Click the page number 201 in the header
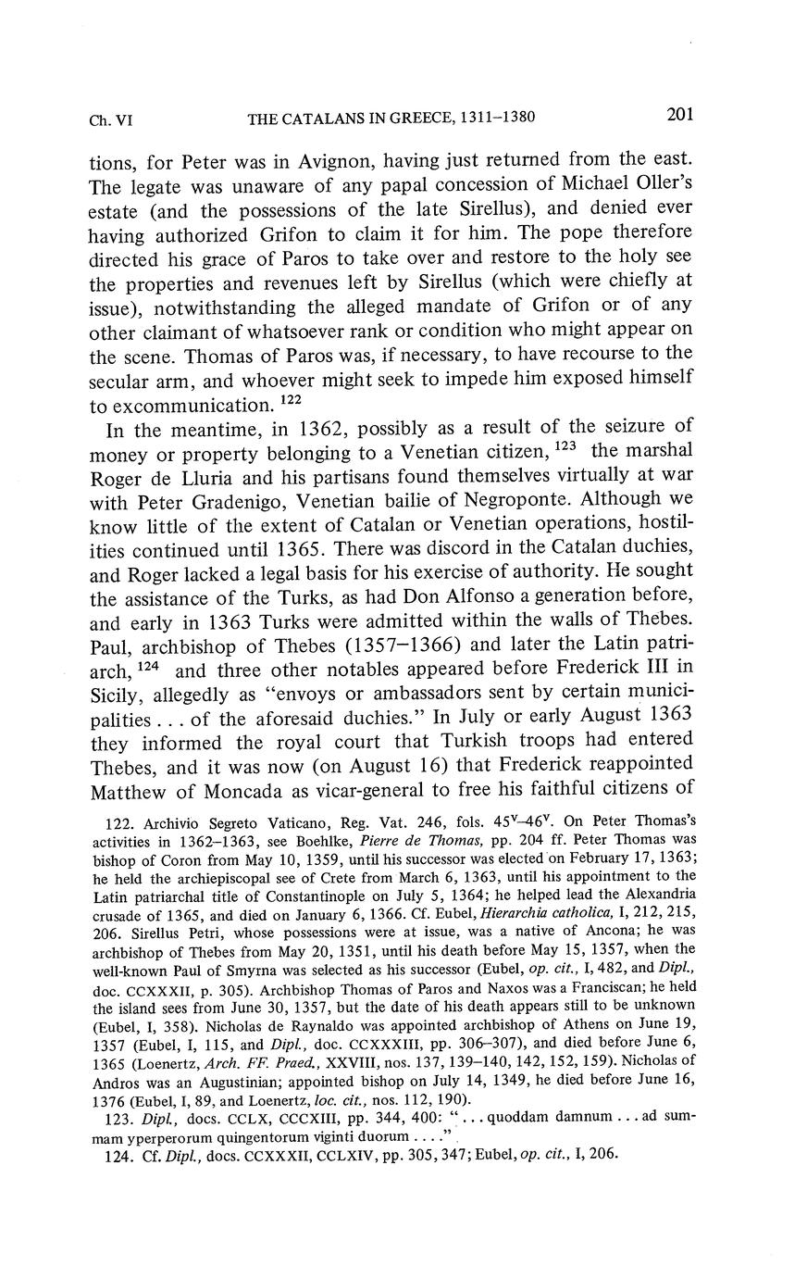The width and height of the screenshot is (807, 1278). click(679, 115)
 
